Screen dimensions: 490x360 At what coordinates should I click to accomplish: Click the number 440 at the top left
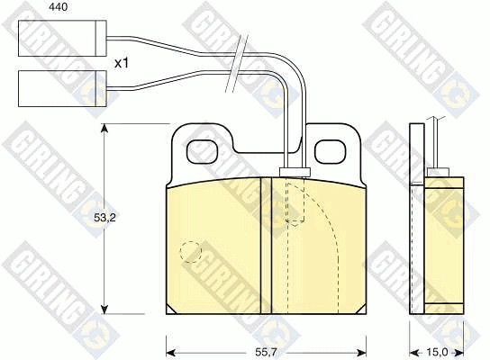[59, 7]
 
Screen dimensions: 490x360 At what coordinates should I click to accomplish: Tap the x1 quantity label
[122, 64]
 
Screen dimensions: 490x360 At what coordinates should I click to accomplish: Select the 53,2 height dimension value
[104, 218]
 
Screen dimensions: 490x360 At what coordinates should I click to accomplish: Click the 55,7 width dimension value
[266, 353]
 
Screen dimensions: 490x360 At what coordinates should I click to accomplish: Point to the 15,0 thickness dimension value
[437, 353]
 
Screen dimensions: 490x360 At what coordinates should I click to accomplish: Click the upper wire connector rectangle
[62, 39]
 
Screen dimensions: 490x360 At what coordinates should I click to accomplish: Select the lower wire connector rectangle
[62, 89]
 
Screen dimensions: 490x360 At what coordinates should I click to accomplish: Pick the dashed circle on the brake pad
[191, 252]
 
